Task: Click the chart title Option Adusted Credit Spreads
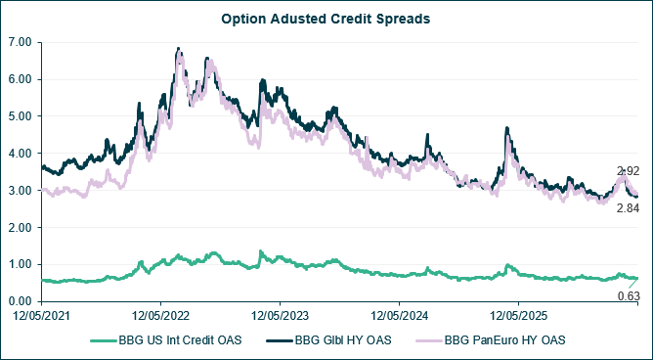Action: tap(326, 19)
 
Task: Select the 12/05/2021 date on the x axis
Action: tap(42, 316)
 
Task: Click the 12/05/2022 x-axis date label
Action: tap(161, 316)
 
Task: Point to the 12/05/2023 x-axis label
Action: tap(281, 316)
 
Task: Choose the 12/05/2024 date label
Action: tap(400, 316)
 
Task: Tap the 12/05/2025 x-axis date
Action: tap(518, 316)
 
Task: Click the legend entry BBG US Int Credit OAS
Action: tap(166, 340)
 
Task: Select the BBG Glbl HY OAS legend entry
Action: tap(328, 340)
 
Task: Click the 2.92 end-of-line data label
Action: tap(628, 171)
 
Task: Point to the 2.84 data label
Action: tap(628, 208)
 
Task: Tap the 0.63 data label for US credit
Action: tap(628, 296)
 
